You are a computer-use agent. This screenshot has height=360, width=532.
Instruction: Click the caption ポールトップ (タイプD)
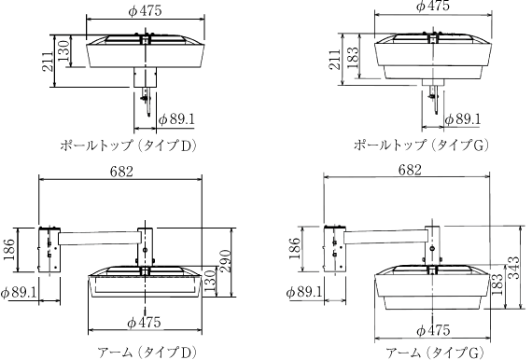tap(129, 145)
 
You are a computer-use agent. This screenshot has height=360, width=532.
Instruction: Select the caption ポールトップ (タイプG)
tap(421, 145)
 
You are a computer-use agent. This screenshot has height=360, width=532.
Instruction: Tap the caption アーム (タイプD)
tap(147, 353)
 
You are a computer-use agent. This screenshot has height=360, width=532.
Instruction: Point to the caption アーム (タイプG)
tap(435, 353)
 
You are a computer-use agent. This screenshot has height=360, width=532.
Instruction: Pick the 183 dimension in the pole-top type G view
tap(353, 56)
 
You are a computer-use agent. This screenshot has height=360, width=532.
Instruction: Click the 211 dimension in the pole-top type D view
tap(49, 61)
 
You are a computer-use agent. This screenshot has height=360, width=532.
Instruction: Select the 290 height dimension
tap(225, 261)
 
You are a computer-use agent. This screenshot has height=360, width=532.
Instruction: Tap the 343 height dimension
tap(514, 268)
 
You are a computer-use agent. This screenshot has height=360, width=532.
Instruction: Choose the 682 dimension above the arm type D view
tap(121, 172)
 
